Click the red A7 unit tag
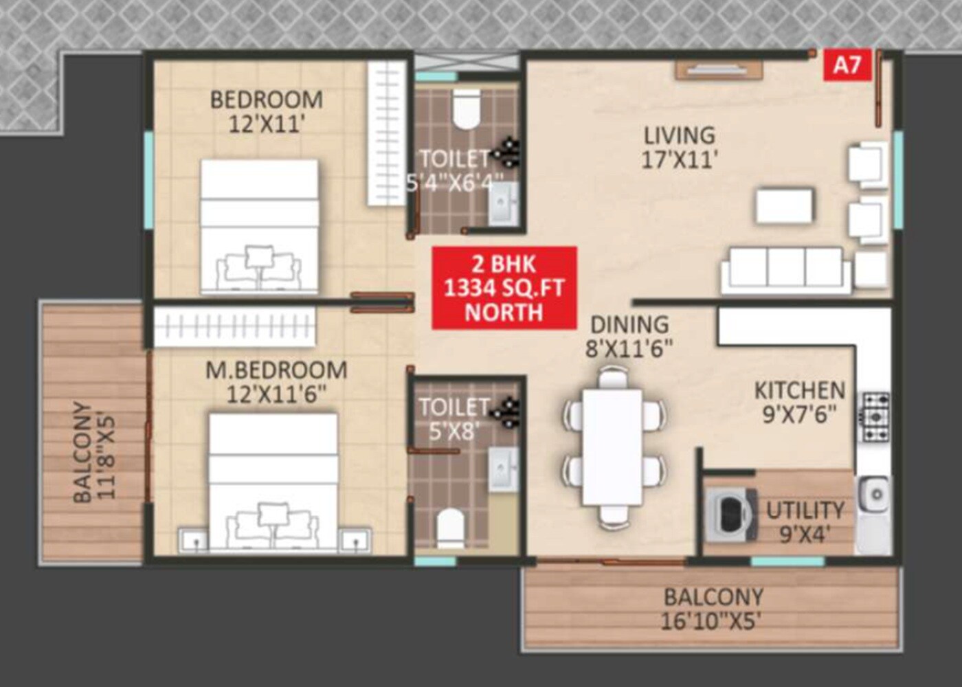(x=847, y=65)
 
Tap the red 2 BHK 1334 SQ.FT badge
(x=504, y=288)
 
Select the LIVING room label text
(x=679, y=146)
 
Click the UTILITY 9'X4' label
(x=805, y=521)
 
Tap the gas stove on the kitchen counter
(x=875, y=416)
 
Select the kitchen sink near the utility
(x=875, y=494)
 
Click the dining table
(x=612, y=447)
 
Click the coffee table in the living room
(x=785, y=205)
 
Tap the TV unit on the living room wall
(x=719, y=69)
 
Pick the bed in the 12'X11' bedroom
(x=259, y=227)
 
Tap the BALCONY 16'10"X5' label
(x=712, y=609)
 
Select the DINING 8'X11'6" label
(x=629, y=336)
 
